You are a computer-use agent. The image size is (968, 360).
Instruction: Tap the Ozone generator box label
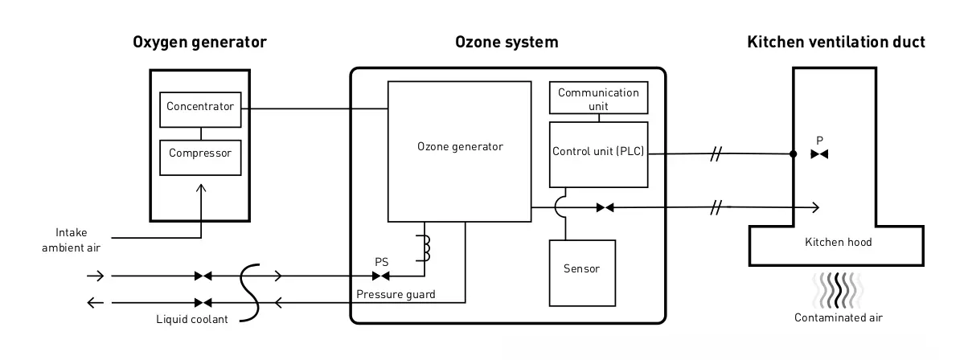(460, 147)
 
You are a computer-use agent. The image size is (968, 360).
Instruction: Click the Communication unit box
(598, 98)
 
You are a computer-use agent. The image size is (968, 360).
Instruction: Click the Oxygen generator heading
(199, 43)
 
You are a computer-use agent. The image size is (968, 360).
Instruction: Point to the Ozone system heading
(507, 43)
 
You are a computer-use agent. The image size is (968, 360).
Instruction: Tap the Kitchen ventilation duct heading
(836, 43)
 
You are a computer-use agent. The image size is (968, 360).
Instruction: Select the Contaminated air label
(839, 317)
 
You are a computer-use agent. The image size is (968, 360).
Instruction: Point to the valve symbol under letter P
(819, 154)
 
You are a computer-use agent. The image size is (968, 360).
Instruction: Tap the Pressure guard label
(396, 295)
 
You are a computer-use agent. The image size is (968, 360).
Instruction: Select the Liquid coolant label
(192, 320)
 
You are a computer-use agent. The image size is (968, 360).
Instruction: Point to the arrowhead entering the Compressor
(200, 187)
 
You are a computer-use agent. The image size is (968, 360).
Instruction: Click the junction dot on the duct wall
(794, 154)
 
